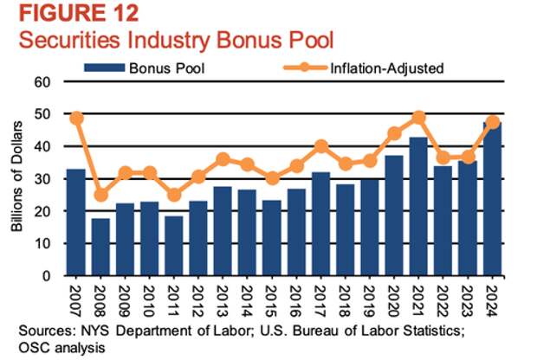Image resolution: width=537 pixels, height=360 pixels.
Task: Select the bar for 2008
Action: pyautogui.click(x=101, y=247)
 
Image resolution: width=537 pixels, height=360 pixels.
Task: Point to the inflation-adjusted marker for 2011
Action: pyautogui.click(x=175, y=195)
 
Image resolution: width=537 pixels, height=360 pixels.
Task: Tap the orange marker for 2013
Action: pyautogui.click(x=223, y=159)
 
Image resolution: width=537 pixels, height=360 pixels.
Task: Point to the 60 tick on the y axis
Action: pyautogui.click(x=42, y=81)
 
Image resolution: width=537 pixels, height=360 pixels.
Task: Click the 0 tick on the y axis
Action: pyautogui.click(x=47, y=276)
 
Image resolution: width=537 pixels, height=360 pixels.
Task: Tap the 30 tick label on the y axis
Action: pyautogui.click(x=42, y=179)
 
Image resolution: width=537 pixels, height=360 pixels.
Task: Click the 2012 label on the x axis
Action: pyautogui.click(x=199, y=300)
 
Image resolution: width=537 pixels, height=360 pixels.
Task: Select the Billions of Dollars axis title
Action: pyautogui.click(x=18, y=179)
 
